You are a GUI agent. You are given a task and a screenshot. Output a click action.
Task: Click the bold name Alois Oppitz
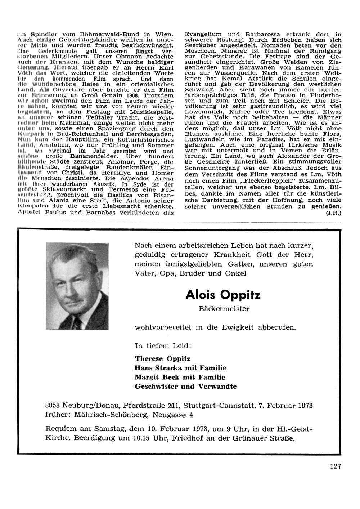click(x=223, y=295)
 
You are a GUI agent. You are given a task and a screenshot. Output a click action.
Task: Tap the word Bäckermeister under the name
click(x=224, y=309)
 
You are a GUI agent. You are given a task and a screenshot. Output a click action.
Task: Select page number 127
click(x=335, y=466)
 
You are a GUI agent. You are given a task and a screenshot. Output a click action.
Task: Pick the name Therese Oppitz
click(x=162, y=359)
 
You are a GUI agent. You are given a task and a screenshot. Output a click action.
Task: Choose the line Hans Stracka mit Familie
click(x=180, y=368)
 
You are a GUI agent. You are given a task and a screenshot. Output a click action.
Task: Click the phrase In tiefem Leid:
click(x=163, y=345)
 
